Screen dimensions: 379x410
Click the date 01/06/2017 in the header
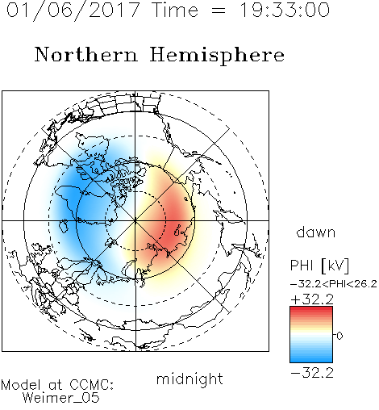click(x=73, y=10)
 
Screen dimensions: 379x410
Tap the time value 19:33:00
click(x=285, y=10)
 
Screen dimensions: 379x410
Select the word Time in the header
click(x=175, y=10)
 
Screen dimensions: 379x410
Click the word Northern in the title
click(x=85, y=54)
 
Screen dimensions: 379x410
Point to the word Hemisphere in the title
click(x=217, y=56)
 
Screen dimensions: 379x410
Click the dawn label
click(x=316, y=232)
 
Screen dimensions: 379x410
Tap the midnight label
click(x=189, y=379)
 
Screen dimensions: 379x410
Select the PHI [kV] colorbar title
click(x=319, y=266)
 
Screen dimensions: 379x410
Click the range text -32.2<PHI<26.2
click(x=334, y=284)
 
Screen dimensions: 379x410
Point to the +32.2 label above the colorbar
click(x=312, y=299)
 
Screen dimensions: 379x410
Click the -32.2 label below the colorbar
click(x=312, y=373)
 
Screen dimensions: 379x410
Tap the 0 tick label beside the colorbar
click(x=339, y=336)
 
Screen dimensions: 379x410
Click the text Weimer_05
click(x=61, y=398)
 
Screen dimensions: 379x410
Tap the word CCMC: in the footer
click(x=92, y=385)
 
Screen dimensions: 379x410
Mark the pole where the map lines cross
click(x=135, y=220)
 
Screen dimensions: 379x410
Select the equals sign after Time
click(x=219, y=10)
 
